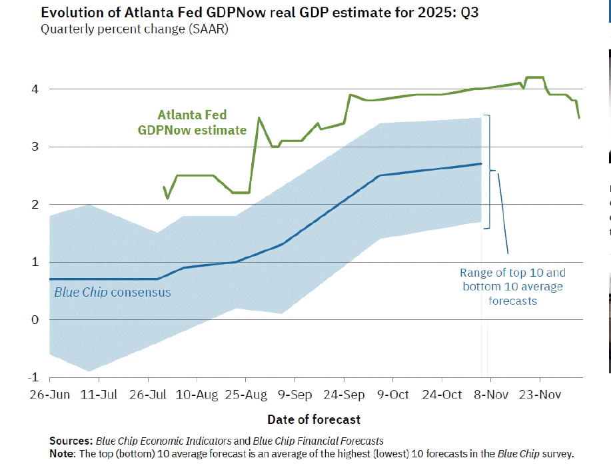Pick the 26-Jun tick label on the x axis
[49, 395]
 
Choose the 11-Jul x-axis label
[99, 395]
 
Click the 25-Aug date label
[247, 395]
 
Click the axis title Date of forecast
[314, 419]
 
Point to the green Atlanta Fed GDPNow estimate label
[192, 123]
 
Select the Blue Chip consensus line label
[112, 292]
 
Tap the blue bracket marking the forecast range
[490, 171]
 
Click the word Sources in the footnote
[71, 441]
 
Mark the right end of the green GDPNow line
[580, 118]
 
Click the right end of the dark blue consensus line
[481, 163]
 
